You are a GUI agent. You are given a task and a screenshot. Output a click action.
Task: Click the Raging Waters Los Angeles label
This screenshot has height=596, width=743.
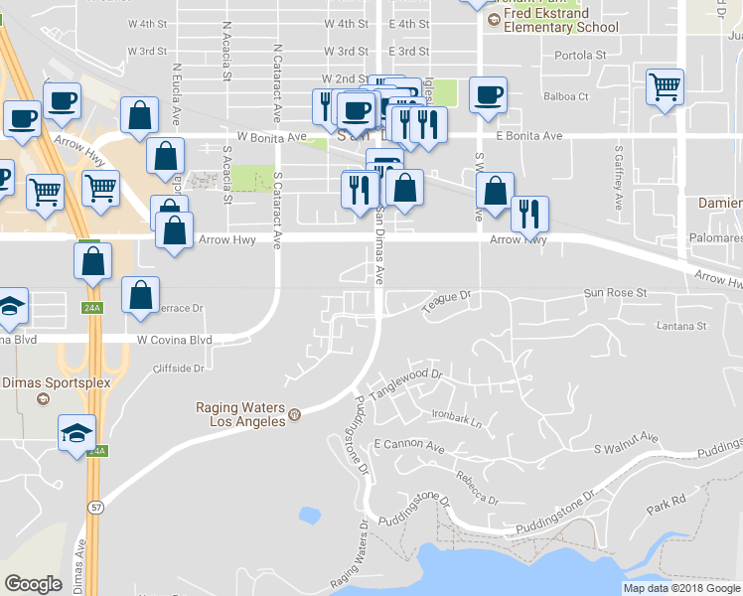coord(240,414)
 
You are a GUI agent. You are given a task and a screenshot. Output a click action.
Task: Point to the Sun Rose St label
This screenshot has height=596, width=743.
coord(614,293)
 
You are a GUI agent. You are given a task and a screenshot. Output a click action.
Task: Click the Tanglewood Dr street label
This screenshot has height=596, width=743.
coord(405,383)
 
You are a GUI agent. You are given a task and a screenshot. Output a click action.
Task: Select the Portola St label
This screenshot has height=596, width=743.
coord(579,56)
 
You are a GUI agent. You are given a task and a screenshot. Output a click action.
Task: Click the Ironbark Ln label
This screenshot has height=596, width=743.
coord(457,420)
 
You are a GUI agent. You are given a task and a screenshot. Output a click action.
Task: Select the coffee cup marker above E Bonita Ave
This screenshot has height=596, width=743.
coord(487,95)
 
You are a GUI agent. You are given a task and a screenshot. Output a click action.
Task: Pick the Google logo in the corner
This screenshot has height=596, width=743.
coord(33,584)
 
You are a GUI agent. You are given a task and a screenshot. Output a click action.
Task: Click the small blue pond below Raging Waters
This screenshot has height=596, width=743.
coord(309,515)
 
